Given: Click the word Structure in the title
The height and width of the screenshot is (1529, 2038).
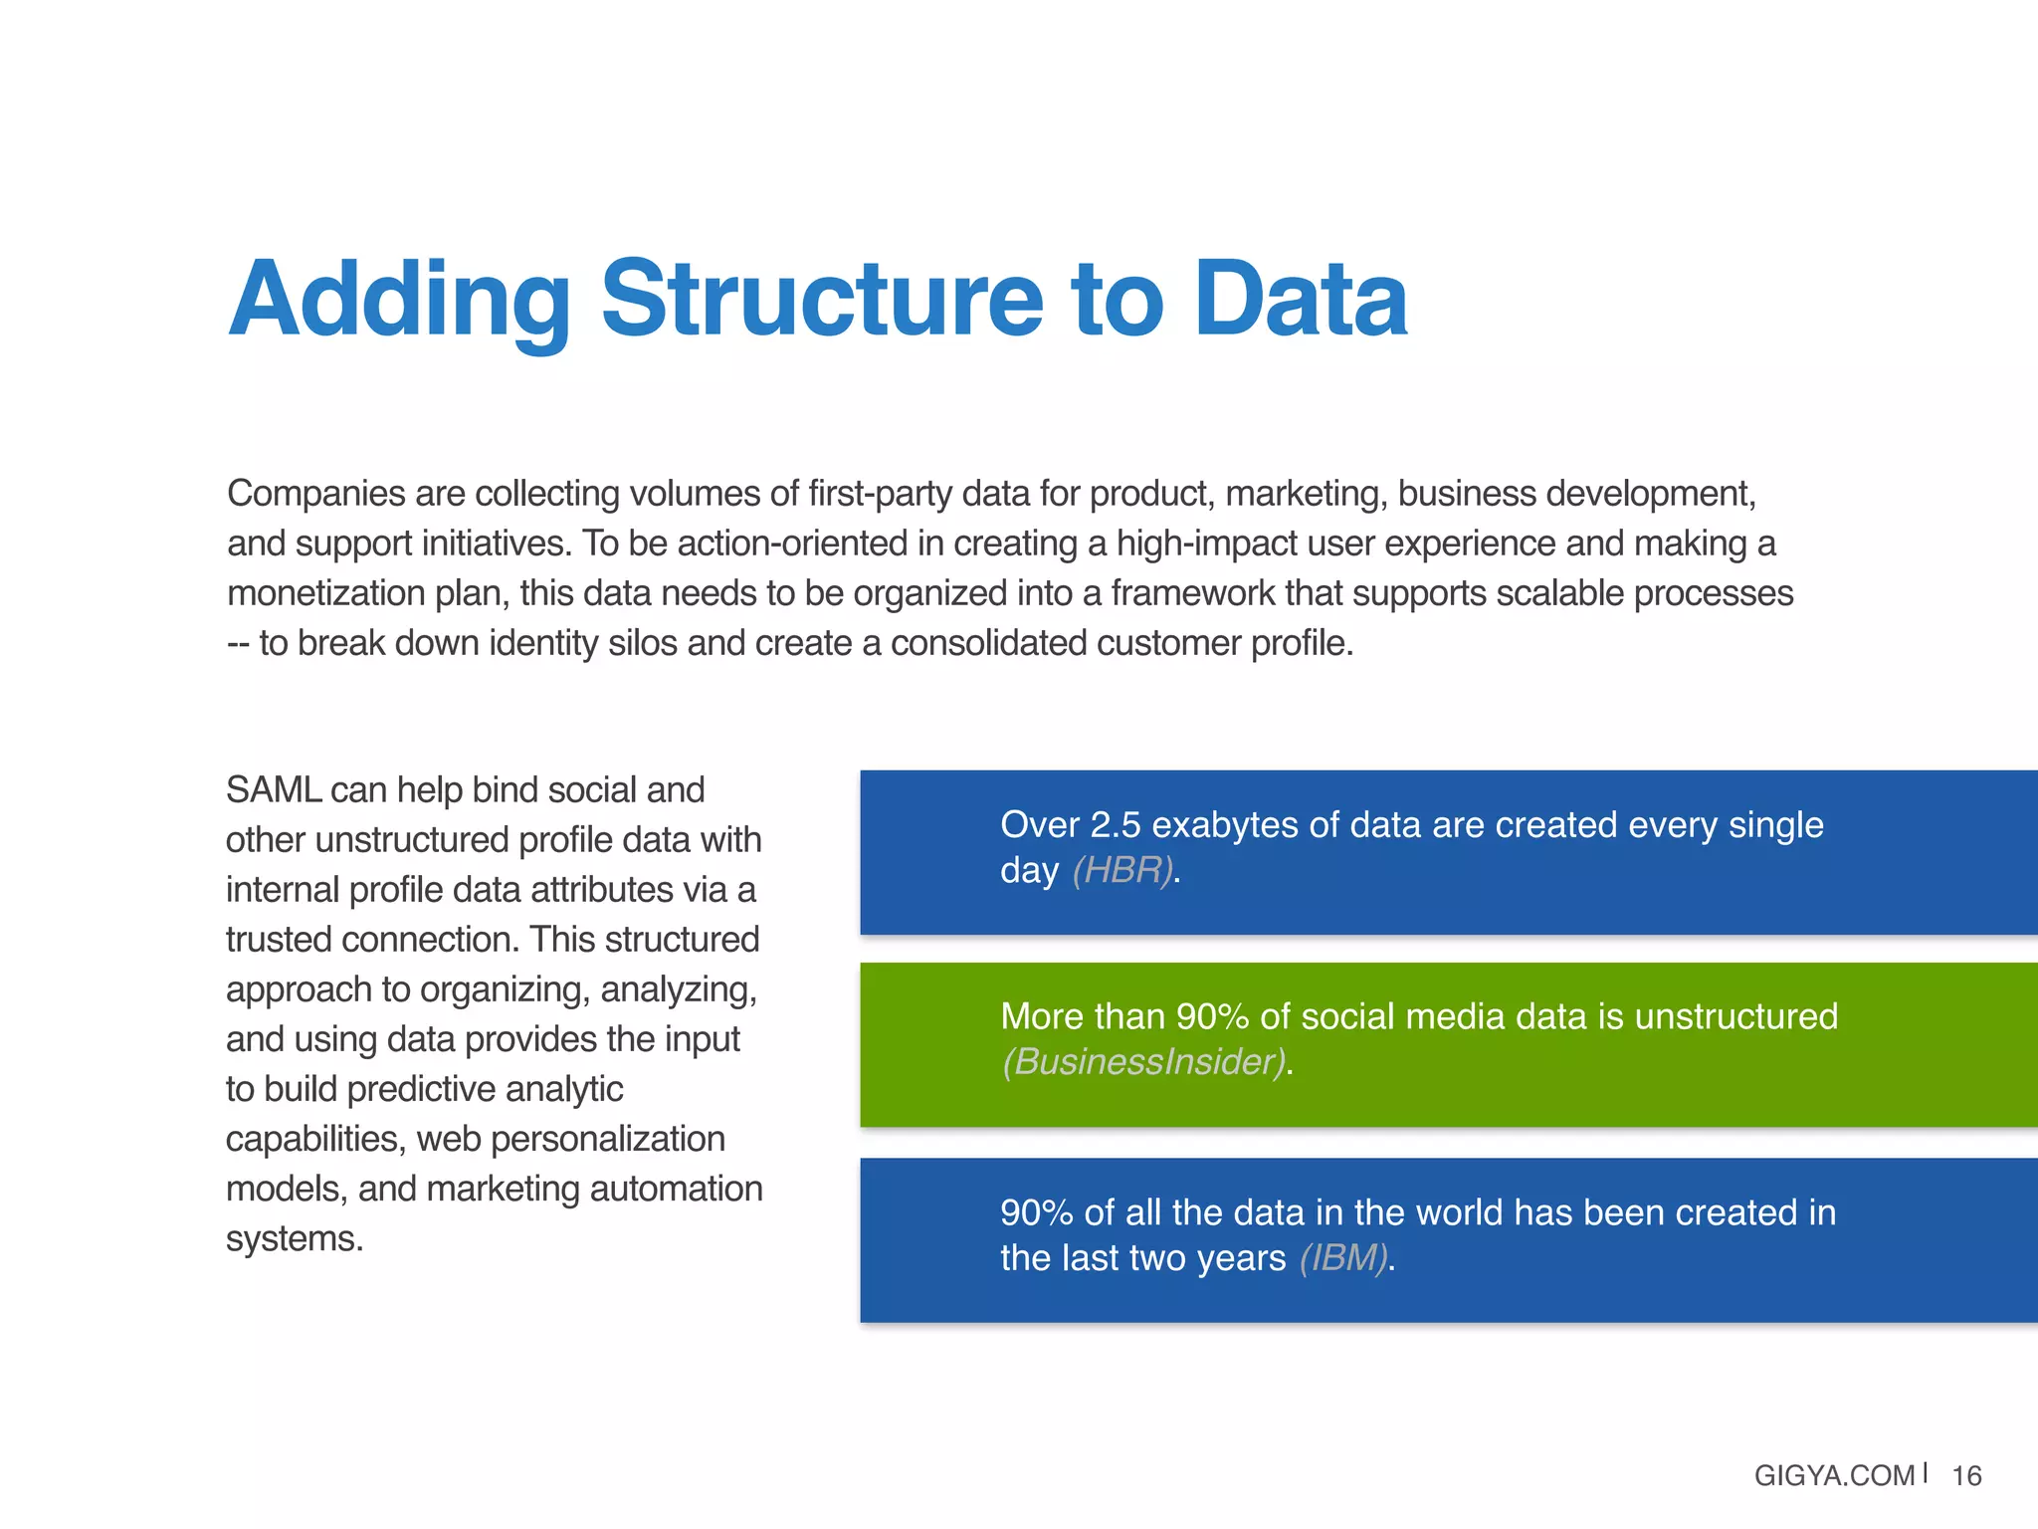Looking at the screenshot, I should click(822, 299).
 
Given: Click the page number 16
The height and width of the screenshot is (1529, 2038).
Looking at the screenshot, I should click(1966, 1475).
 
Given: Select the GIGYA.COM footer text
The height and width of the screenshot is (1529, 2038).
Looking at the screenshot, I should click(1833, 1475).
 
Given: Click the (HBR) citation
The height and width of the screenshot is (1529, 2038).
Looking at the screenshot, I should click(1122, 870).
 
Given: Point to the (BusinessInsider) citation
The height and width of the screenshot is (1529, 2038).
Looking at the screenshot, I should click(1143, 1062).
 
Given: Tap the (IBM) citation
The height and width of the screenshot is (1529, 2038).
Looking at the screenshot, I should click(1343, 1258).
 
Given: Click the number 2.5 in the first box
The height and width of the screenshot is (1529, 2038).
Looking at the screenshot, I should click(1115, 825).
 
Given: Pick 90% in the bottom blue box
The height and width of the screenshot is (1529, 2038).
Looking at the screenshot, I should click(1036, 1212).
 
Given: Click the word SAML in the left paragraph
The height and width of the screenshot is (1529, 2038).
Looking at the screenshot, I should click(273, 790).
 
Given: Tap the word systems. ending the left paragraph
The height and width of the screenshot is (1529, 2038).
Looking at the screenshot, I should click(295, 1239).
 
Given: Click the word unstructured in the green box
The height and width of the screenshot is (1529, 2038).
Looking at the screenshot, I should click(1735, 1016).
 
